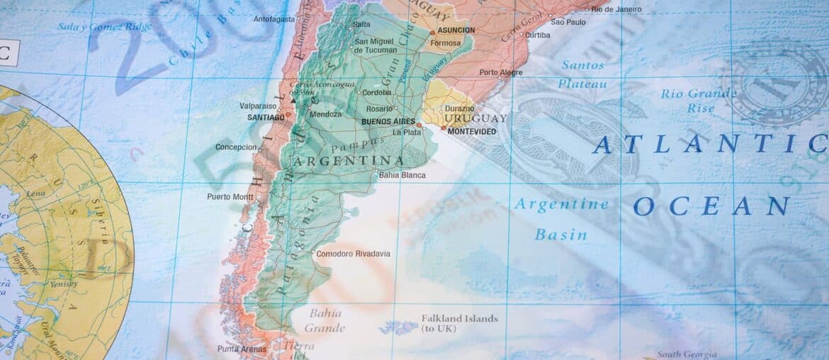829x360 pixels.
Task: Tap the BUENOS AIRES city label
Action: (388, 122)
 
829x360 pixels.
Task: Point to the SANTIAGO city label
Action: (266, 117)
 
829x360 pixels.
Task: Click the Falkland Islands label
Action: (459, 319)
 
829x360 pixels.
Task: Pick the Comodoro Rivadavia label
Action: (353, 254)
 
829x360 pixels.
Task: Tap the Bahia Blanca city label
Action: (402, 175)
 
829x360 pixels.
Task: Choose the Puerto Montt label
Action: (230, 197)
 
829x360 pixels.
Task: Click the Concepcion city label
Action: (236, 147)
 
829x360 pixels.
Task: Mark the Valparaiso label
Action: (259, 106)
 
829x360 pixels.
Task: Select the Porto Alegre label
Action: (501, 72)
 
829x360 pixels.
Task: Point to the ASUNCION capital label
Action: (456, 30)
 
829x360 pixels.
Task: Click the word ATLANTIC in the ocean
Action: (709, 144)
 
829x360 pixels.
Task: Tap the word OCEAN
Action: (711, 206)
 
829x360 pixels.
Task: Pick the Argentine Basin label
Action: (560, 219)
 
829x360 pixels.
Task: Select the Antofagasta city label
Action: (274, 19)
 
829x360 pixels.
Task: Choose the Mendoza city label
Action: (325, 114)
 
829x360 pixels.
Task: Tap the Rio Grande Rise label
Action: (699, 101)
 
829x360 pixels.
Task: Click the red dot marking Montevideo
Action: (444, 128)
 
